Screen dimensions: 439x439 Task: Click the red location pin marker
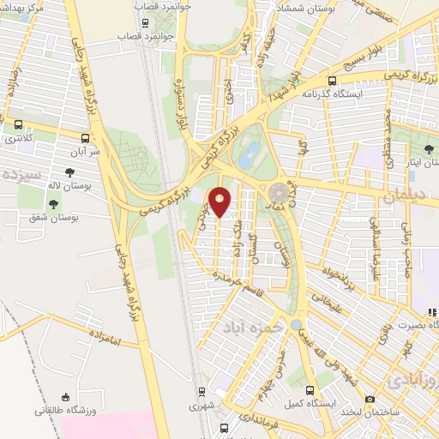tap(220, 202)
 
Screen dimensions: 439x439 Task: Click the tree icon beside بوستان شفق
tap(54, 204)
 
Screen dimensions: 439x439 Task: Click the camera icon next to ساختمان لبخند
tap(370, 399)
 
